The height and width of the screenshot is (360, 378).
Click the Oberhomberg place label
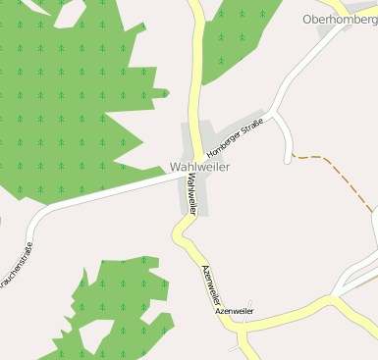tap(340, 19)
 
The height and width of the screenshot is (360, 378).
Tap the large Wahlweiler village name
tap(206, 168)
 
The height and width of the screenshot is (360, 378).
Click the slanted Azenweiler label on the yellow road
tap(213, 285)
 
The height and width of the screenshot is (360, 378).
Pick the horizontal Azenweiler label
tap(235, 311)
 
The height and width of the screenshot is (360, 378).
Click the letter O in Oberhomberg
tap(308, 19)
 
